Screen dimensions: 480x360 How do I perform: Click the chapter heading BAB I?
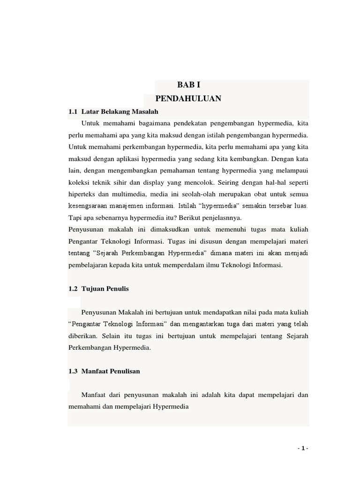[x=188, y=85]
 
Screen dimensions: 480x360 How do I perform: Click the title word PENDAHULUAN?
[x=188, y=98]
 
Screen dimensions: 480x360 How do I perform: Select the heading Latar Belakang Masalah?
[x=120, y=112]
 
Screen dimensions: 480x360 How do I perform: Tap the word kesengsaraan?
[x=90, y=205]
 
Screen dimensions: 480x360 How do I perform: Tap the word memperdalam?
[x=184, y=265]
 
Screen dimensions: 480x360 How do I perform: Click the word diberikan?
[x=82, y=336]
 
